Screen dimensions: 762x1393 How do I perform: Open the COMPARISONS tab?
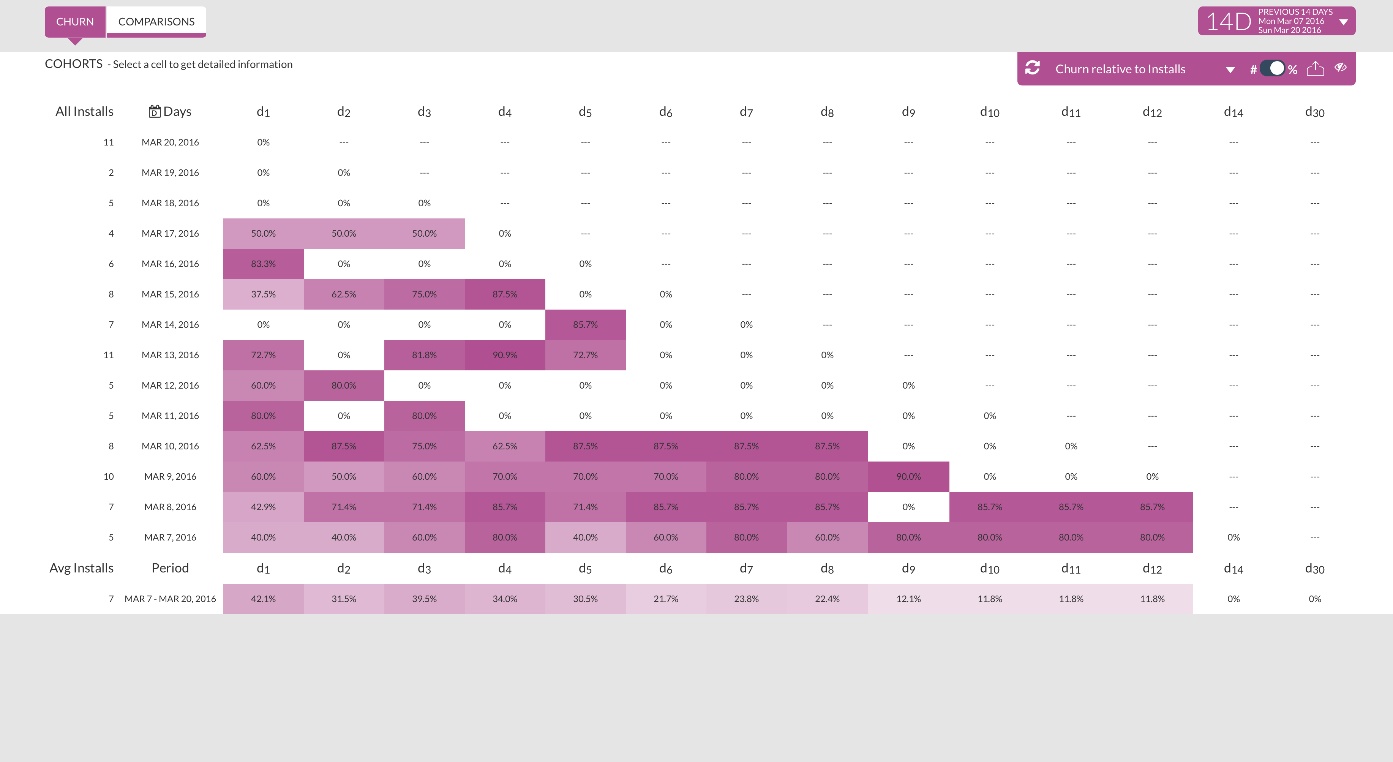tap(156, 22)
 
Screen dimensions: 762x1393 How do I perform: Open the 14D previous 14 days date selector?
tap(1276, 21)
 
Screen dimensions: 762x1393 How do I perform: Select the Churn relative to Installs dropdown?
tap(1144, 69)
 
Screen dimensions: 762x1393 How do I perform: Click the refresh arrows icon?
tap(1032, 68)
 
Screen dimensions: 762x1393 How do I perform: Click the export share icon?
tap(1315, 69)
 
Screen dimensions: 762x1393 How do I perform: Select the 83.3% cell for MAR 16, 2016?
tap(263, 264)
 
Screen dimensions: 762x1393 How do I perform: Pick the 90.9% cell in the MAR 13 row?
tap(505, 355)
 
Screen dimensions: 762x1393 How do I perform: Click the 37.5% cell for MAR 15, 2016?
tap(263, 294)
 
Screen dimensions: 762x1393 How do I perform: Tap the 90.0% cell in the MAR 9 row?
tap(908, 476)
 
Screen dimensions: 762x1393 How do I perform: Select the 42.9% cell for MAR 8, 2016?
tap(263, 507)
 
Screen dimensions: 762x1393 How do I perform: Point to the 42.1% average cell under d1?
tap(263, 599)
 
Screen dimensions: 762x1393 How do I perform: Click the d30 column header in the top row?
tap(1315, 112)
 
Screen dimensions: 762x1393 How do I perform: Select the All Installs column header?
tap(84, 111)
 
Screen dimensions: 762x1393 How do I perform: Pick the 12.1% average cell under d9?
tap(908, 599)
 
